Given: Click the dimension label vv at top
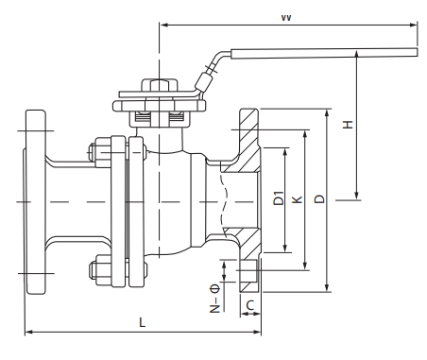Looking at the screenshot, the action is coord(286,18).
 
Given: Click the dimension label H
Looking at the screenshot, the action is coord(348,125).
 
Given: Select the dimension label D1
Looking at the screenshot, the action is coord(279,198).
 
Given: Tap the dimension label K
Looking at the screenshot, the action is coord(298,199).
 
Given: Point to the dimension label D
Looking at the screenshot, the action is coord(319,198).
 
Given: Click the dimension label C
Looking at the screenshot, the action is coord(250,305).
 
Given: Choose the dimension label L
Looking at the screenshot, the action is coord(143,322).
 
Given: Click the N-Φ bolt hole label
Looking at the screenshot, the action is coord(214,298).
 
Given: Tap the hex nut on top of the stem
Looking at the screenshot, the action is coord(160,85).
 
